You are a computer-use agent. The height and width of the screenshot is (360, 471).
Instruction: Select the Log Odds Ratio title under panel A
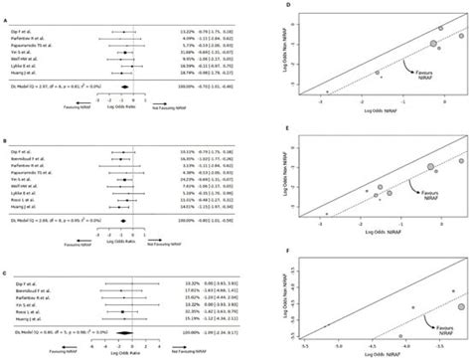[x=127, y=105]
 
